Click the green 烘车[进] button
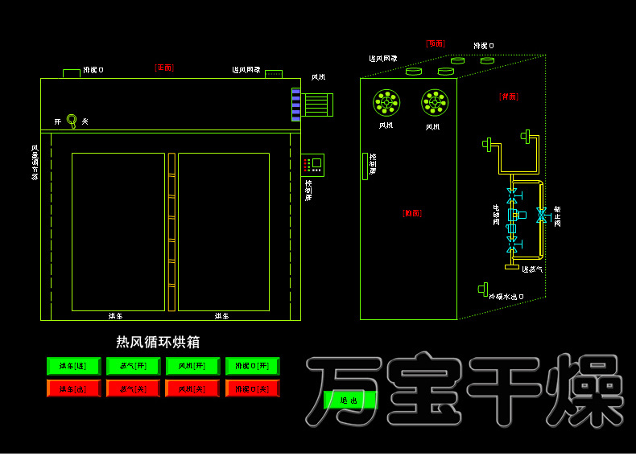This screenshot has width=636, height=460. tap(72, 366)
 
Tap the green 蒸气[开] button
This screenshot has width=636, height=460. tap(132, 366)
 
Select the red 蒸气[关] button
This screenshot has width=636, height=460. tap(132, 388)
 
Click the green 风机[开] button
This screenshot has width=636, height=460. tap(192, 366)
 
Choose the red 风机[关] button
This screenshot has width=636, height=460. tap(192, 388)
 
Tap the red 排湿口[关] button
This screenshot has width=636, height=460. tap(252, 388)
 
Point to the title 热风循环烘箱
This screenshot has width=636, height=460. tap(158, 343)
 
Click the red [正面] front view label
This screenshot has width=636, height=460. tap(164, 68)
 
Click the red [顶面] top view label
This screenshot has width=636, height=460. tap(436, 43)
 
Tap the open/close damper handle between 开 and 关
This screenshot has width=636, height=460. tap(72, 121)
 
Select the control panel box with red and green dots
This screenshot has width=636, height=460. tap(312, 165)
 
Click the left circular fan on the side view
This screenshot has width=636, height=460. tap(387, 102)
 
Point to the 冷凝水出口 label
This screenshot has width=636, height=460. tap(506, 297)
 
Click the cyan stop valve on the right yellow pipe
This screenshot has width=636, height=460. tap(541, 215)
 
